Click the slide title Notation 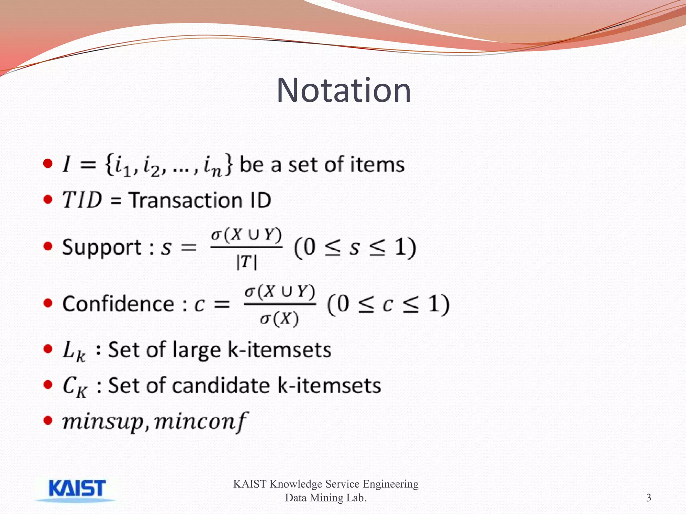click(344, 90)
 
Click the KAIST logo click(77, 489)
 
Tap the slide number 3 click(648, 498)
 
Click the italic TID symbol click(82, 200)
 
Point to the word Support click(102, 248)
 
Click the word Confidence click(118, 304)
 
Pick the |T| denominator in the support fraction click(246, 262)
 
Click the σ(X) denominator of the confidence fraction click(279, 319)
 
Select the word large click(197, 351)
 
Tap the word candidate click(221, 385)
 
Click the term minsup click(103, 422)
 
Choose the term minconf click(201, 422)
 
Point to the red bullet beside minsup click(48, 420)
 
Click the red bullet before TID click(48, 199)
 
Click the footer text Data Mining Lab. click(326, 498)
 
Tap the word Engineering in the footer click(391, 484)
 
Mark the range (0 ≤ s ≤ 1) click(355, 248)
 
